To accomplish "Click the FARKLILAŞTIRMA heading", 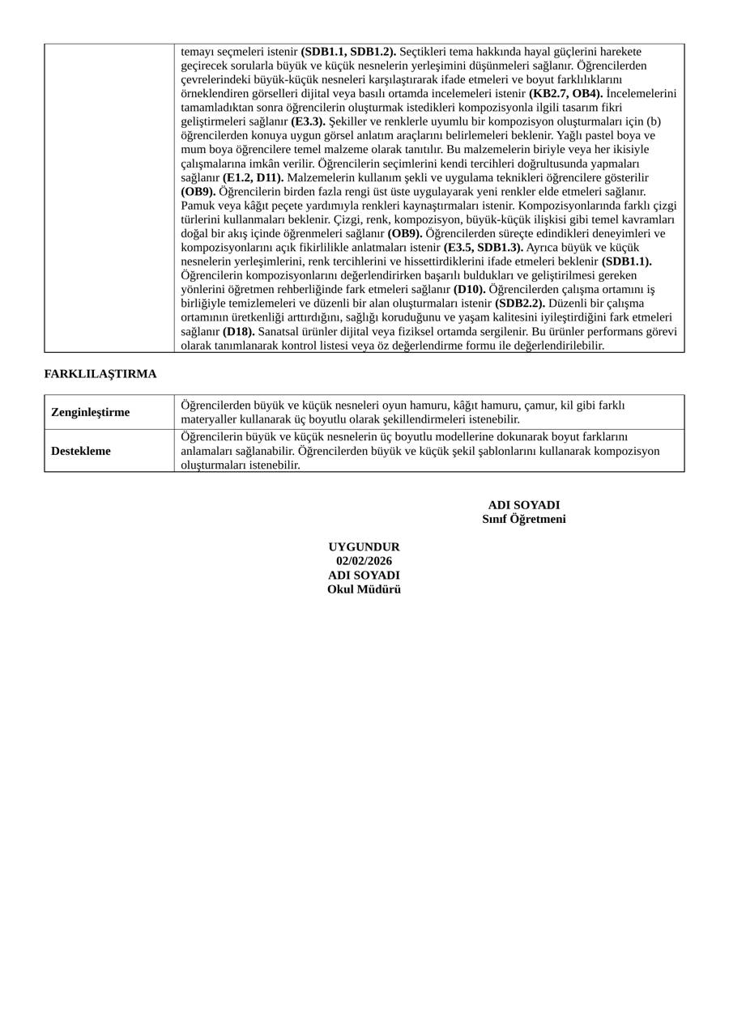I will (100, 374).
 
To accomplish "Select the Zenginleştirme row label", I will (90, 412).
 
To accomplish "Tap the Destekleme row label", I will (81, 451).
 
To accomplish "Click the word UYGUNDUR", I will (364, 547).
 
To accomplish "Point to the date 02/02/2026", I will (364, 561).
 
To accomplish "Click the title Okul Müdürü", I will (364, 589).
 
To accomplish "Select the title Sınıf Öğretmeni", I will (524, 519).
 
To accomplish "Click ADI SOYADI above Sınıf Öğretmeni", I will (524, 505).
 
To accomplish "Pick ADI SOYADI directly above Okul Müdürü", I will (364, 576).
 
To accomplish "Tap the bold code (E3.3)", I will (308, 121).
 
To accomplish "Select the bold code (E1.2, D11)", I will (253, 177).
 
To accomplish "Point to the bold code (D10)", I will (469, 289).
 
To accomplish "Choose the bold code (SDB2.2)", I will (520, 303).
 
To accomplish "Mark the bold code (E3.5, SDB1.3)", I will (483, 247).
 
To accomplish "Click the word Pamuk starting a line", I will (197, 206).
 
